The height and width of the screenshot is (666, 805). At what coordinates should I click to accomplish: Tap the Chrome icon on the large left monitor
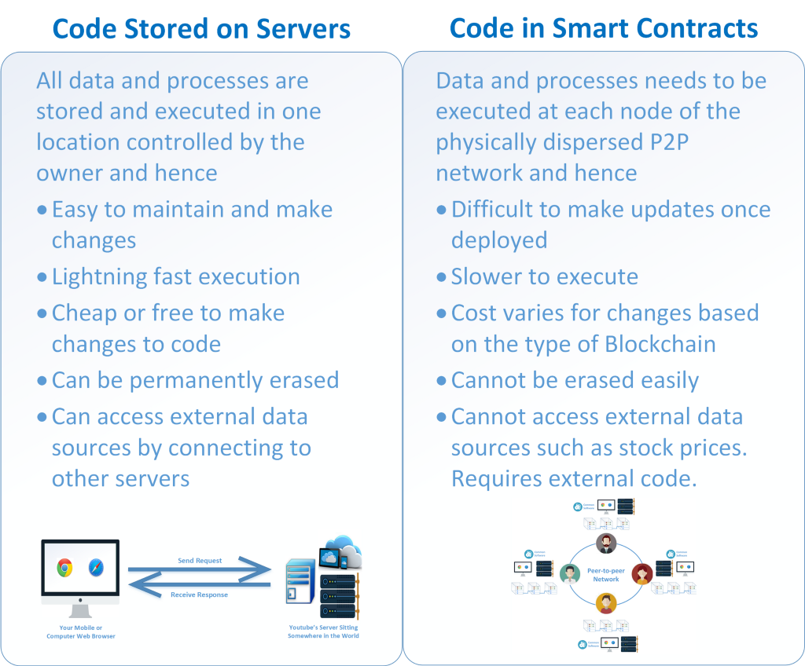[64, 568]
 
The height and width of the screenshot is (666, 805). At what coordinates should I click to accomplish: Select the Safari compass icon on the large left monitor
[94, 568]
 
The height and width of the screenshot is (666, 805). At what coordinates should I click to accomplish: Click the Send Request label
[200, 561]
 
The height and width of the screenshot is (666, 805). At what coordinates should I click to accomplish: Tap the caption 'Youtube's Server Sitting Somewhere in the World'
[323, 631]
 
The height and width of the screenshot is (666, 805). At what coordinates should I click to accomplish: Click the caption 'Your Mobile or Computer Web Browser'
[80, 631]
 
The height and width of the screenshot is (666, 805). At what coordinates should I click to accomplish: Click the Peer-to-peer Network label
[606, 575]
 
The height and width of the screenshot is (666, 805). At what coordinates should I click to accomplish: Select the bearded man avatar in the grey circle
[606, 543]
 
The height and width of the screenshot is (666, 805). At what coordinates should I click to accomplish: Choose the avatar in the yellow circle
[606, 603]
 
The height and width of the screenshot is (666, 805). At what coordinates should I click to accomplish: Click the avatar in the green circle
[570, 574]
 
